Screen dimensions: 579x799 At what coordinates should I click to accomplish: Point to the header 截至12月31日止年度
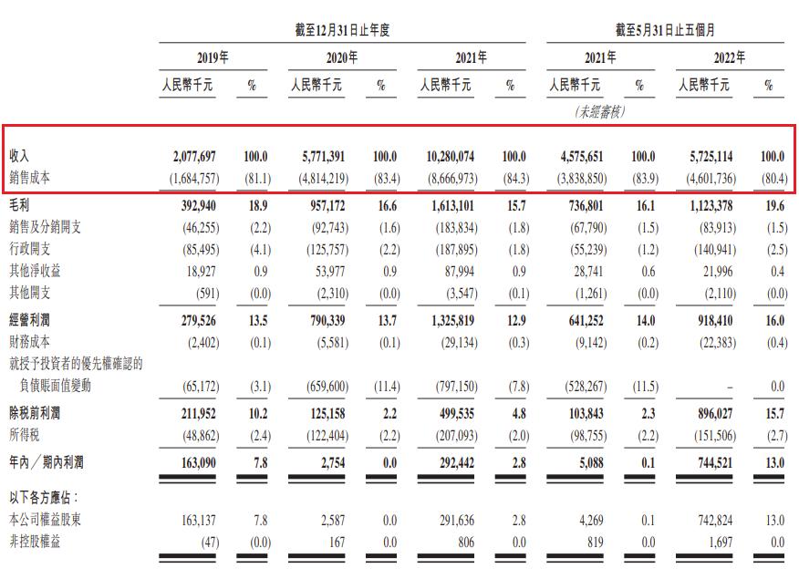coord(336,30)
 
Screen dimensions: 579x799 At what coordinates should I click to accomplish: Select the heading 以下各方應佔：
coord(44,499)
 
